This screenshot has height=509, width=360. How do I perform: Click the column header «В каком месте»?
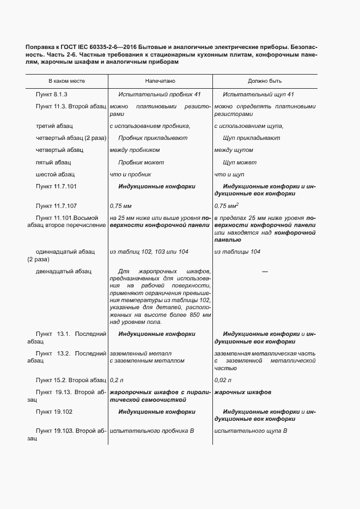[x=66, y=81]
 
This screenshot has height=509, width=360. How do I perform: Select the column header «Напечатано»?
[x=160, y=81]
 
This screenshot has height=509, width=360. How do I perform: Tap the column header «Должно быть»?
[x=265, y=81]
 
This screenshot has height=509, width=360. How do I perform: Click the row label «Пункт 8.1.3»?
[x=51, y=94]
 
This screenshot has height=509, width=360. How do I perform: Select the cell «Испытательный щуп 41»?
[x=258, y=94]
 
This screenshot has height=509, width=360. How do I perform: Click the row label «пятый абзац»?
[x=53, y=162]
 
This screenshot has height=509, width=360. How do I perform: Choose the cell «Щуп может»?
[x=240, y=162]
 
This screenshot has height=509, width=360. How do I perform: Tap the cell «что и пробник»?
[x=130, y=174]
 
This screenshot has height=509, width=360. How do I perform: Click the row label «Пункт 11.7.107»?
[x=56, y=206]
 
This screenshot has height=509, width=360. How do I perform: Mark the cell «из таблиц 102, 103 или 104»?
[x=149, y=252]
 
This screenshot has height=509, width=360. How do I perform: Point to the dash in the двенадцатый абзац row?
[x=265, y=271]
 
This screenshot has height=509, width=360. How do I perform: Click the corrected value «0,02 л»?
[x=223, y=379]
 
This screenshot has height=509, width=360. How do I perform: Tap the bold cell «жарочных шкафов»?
[x=243, y=393]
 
